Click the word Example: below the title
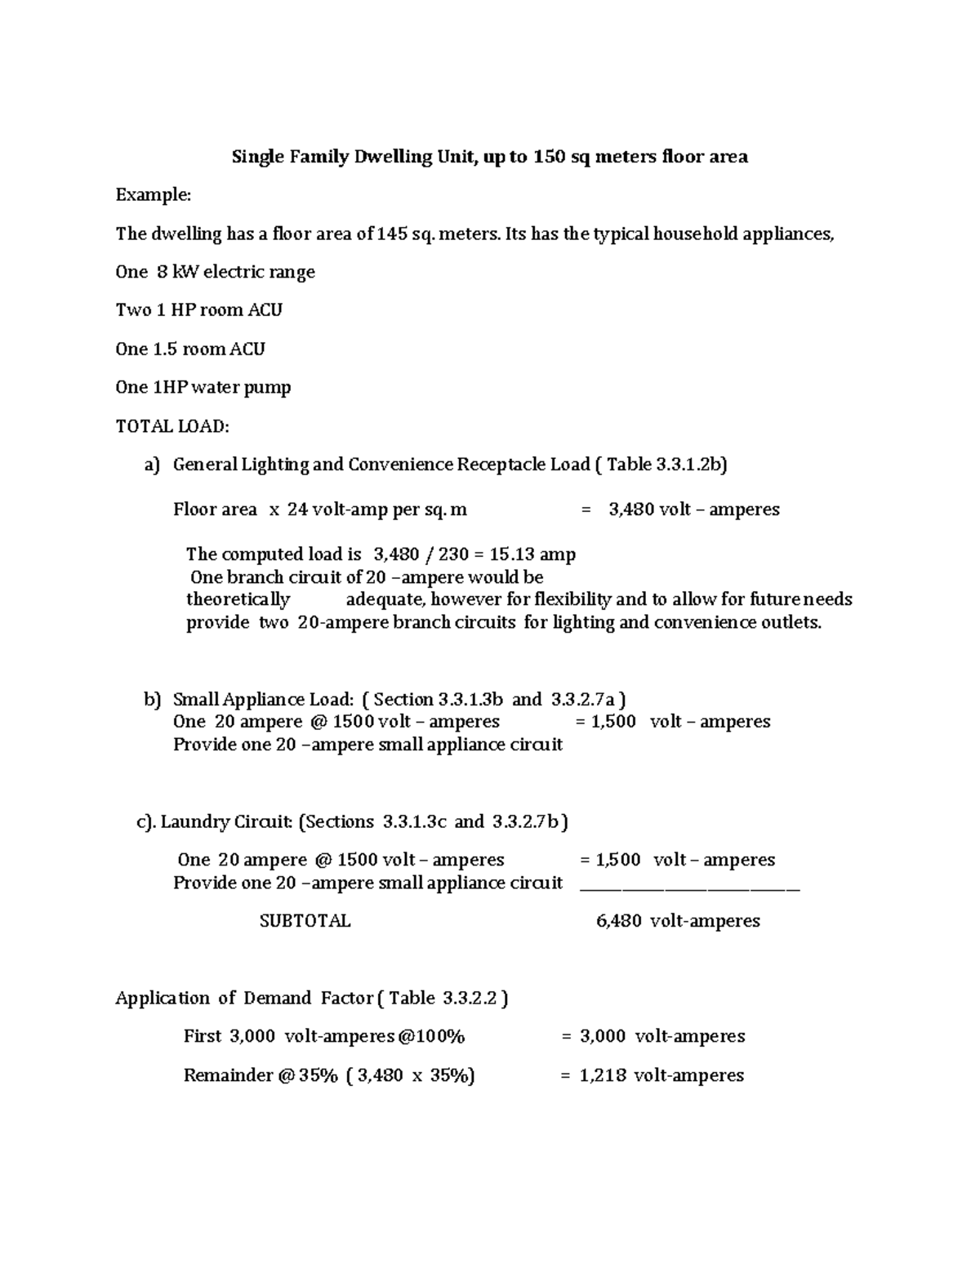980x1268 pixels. [153, 195]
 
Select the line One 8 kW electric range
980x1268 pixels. [215, 272]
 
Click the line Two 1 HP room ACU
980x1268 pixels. [198, 310]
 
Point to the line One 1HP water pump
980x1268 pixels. [203, 387]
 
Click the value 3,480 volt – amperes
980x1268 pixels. [693, 509]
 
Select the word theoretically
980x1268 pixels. [238, 599]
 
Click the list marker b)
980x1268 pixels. [153, 700]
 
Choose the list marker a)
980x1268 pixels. [153, 465]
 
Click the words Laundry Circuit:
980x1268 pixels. [226, 821]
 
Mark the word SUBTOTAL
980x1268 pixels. [305, 921]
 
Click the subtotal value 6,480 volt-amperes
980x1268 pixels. [678, 921]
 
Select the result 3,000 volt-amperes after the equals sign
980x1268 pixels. [661, 1036]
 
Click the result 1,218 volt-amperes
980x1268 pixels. [661, 1075]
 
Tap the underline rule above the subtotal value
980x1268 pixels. [689, 888]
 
